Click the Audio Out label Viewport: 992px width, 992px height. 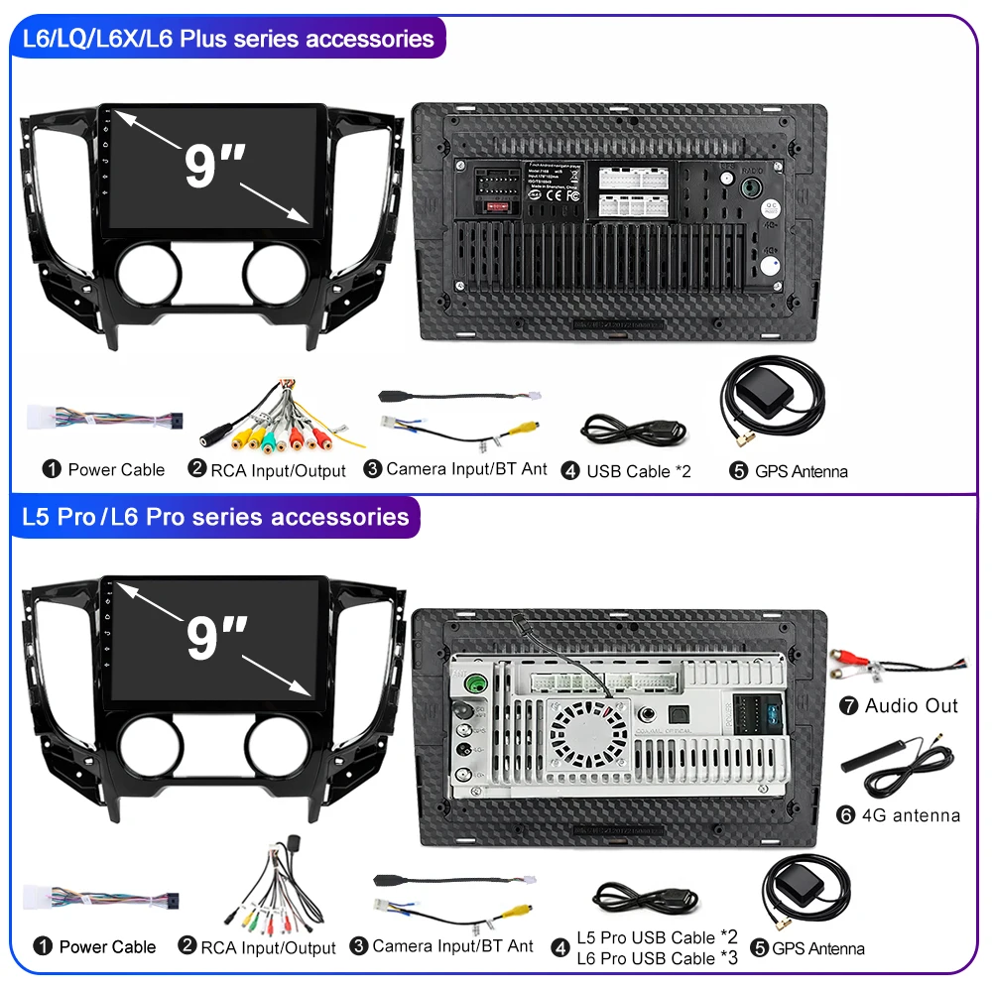click(911, 706)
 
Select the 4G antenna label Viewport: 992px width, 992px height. click(912, 815)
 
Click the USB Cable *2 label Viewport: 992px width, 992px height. click(638, 471)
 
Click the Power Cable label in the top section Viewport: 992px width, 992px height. click(115, 469)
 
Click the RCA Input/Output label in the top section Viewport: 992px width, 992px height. click(278, 470)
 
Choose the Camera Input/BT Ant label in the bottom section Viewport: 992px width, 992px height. click(452, 946)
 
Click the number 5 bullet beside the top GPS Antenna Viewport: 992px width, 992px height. click(738, 471)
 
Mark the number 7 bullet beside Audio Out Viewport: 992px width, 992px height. click(847, 706)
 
